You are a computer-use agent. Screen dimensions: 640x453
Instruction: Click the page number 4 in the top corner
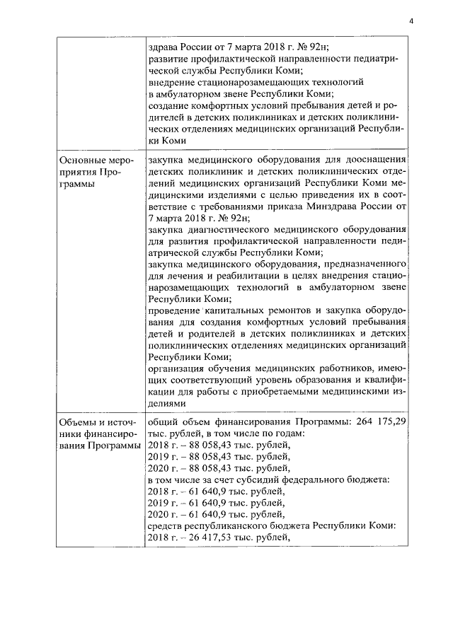411,21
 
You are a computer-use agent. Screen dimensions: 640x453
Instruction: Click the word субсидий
263,480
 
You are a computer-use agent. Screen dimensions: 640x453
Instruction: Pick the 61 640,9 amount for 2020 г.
199,514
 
